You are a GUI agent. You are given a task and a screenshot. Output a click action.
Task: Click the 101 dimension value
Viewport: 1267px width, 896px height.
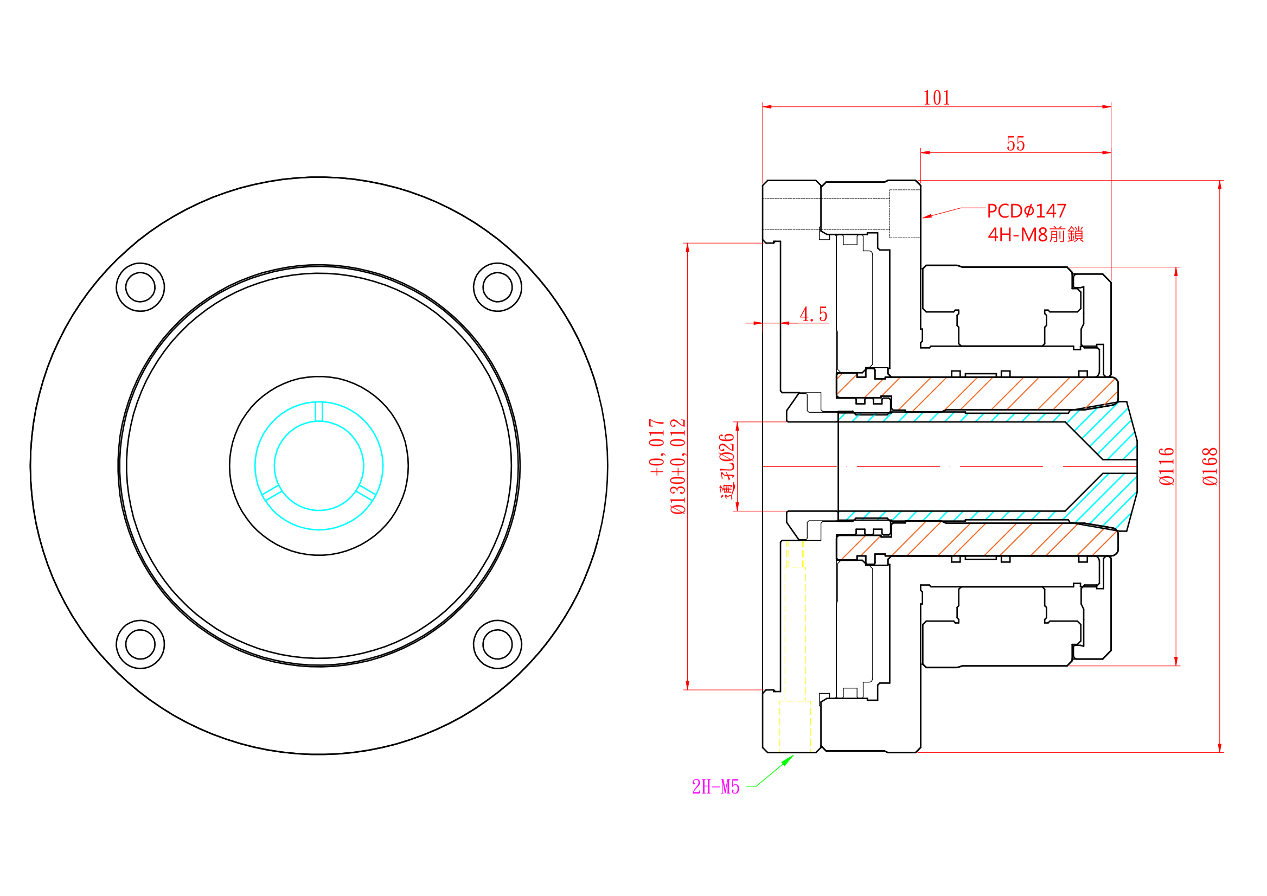click(937, 98)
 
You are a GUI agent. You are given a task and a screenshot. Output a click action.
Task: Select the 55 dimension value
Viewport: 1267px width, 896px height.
click(1015, 144)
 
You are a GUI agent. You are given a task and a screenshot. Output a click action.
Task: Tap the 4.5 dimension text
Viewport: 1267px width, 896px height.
click(814, 315)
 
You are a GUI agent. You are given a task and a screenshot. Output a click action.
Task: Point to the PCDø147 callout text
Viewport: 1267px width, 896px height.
click(1026, 211)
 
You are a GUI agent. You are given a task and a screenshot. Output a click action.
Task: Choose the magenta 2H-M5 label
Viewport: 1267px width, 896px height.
click(715, 788)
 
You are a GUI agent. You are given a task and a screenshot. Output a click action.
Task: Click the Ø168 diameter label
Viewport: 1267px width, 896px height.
click(1210, 466)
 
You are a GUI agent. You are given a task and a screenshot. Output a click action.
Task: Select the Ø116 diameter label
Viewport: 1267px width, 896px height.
click(1167, 466)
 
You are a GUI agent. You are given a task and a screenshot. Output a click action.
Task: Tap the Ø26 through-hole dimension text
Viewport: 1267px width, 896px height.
click(727, 466)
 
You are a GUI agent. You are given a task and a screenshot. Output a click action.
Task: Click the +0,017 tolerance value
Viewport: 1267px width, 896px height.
click(657, 447)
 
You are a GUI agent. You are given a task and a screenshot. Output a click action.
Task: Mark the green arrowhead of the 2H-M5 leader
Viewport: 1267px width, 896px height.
click(789, 760)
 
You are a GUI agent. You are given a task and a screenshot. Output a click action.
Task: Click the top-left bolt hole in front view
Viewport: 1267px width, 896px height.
click(140, 287)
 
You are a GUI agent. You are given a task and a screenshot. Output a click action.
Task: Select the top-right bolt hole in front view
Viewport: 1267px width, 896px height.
click(497, 287)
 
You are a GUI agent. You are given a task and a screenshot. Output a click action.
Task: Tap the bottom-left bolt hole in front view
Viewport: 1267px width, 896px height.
click(140, 644)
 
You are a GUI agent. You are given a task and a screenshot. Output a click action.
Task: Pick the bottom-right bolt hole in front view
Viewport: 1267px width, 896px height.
click(497, 644)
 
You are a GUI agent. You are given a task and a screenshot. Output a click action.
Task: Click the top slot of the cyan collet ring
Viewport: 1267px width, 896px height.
click(318, 412)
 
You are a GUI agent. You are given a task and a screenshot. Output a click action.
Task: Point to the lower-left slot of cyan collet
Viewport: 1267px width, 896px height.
click(272, 492)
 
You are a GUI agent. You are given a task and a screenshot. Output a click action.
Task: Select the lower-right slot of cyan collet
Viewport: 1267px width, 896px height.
click(366, 492)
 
